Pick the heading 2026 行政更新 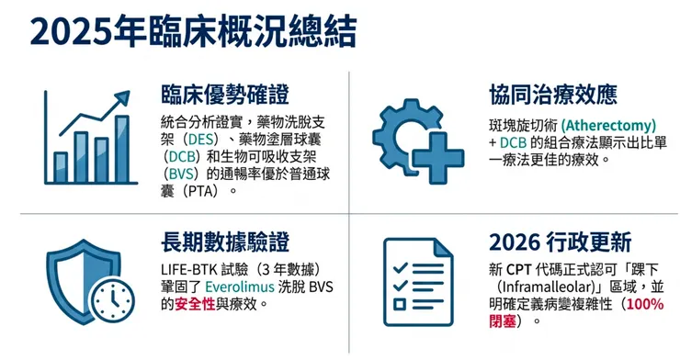[560, 242]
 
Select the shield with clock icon [88, 281]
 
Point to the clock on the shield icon [113, 301]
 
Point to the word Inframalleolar [544, 287]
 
